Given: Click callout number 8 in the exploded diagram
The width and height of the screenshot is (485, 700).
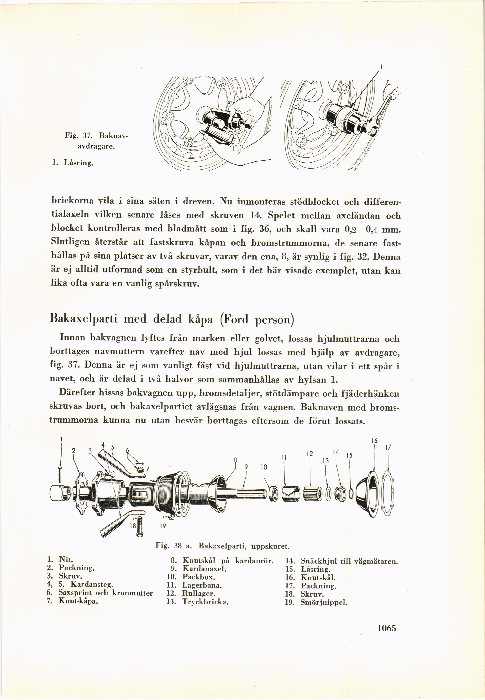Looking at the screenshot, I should (x=235, y=460).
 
